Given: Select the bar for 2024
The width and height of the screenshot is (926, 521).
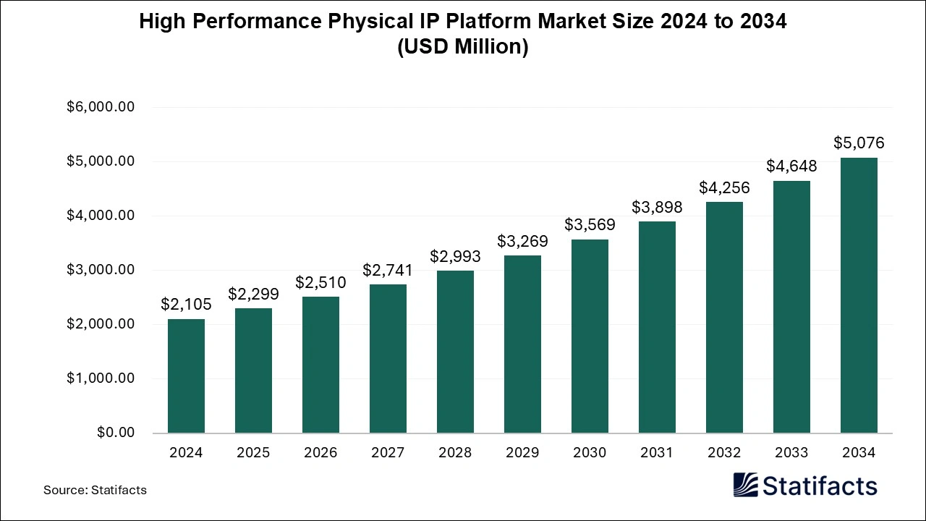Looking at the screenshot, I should tap(186, 376).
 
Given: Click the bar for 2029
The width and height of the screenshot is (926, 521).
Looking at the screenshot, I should tap(522, 344).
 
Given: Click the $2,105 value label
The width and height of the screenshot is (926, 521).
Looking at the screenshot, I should tap(186, 305).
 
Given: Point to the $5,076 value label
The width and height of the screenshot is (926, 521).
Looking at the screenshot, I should tap(859, 143).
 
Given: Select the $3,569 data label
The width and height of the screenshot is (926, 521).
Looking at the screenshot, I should tap(590, 224).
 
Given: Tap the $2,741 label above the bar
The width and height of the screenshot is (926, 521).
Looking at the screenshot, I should tap(388, 270).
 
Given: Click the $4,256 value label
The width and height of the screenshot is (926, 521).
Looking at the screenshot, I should tap(724, 187).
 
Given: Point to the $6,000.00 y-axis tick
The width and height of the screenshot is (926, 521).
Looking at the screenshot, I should tap(101, 107).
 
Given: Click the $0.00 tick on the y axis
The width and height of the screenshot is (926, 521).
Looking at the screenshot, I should tap(116, 433).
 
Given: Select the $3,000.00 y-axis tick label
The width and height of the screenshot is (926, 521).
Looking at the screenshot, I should tap(101, 270).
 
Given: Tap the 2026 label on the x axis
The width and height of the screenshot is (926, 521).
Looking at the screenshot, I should tap(320, 452).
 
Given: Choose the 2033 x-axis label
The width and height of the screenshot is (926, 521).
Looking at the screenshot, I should tap(791, 452).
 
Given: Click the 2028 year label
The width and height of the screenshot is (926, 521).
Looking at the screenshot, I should tap(455, 452).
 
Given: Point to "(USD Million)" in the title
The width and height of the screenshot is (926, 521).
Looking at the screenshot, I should tap(463, 47).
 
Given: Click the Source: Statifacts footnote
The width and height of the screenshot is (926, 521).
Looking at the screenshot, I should tap(95, 490).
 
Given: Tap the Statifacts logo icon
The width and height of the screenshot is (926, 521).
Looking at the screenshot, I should tap(745, 485).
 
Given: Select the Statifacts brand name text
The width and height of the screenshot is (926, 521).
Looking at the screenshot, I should tap(820, 486).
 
